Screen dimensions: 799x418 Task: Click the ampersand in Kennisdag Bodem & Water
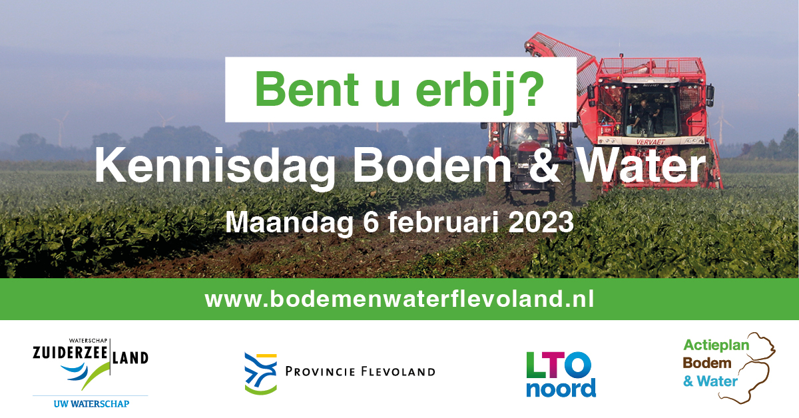click(x=543, y=166)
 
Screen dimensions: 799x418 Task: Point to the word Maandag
click(x=289, y=222)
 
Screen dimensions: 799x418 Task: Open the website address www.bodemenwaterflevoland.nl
click(x=400, y=299)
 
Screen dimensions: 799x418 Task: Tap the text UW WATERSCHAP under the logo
click(x=91, y=404)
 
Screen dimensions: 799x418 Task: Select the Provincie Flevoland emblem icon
click(x=261, y=373)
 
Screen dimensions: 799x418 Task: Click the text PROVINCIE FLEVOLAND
click(x=360, y=371)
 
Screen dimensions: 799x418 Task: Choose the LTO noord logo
click(x=561, y=374)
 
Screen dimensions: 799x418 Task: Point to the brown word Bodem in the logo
click(x=707, y=363)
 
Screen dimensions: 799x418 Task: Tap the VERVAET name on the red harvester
click(x=651, y=142)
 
